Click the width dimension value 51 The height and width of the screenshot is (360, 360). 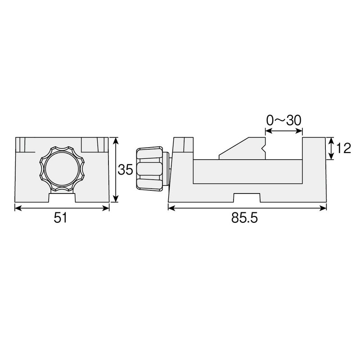tap(60, 218)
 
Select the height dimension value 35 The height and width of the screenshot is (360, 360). tap(126, 170)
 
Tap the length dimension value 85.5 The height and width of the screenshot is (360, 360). tap(246, 218)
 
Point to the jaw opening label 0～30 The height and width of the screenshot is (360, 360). tap(283, 120)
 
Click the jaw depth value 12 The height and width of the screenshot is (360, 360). tap(343, 148)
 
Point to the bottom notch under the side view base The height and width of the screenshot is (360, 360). tap(247, 198)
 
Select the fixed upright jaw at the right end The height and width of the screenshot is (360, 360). tap(314, 153)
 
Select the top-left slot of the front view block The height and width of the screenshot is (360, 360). tap(21, 145)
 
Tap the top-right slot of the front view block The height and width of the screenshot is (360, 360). tap(94, 145)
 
